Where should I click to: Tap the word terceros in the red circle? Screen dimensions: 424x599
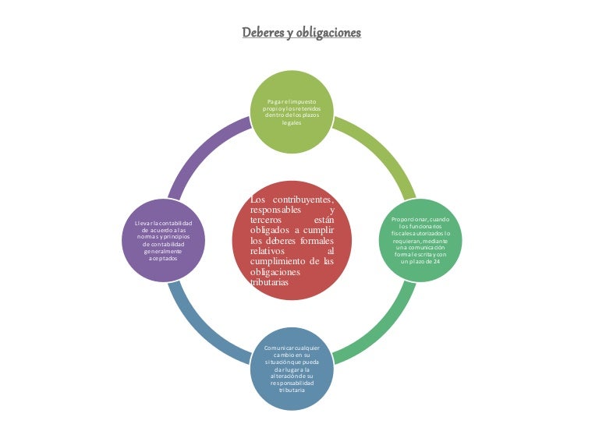tap(269, 221)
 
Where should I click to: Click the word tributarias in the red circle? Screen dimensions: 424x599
tap(270, 283)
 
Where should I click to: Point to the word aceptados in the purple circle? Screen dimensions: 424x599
tap(163, 259)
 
